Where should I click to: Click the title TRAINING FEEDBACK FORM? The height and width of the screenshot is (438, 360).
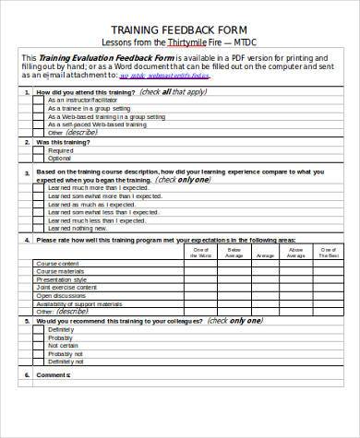click(179, 29)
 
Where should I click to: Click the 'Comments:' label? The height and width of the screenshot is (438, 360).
click(54, 374)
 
